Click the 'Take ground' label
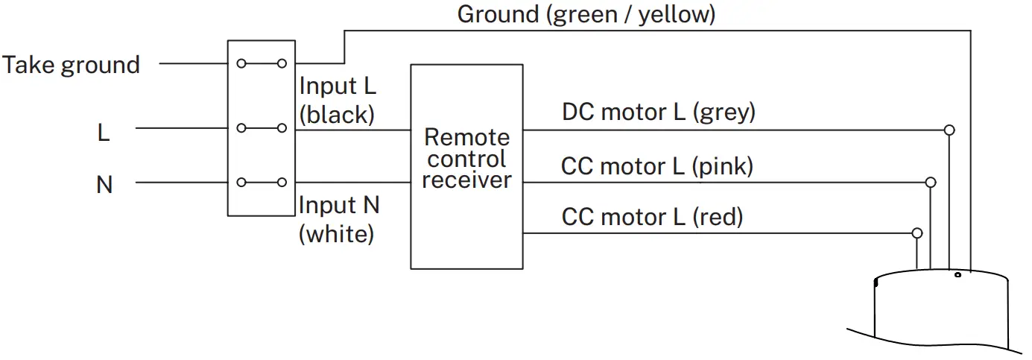[x=71, y=65]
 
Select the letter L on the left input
[x=104, y=133]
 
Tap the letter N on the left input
[x=104, y=184]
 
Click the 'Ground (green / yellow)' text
[x=586, y=14]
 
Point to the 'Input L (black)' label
[x=338, y=100]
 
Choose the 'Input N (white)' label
[x=338, y=219]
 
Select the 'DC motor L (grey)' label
[x=659, y=112]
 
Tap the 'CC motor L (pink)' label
[x=656, y=165]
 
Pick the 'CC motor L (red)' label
[x=652, y=217]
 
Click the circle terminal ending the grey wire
[x=949, y=130]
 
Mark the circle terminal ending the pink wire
[x=930, y=182]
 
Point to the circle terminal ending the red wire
[x=917, y=233]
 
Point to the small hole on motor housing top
[x=957, y=275]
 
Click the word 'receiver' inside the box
[x=466, y=180]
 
